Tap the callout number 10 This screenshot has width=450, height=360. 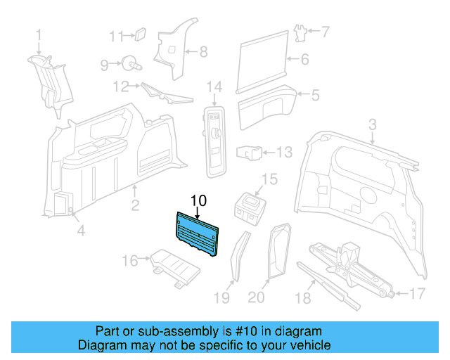click(198, 200)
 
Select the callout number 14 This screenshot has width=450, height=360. click(214, 86)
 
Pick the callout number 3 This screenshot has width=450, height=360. click(373, 124)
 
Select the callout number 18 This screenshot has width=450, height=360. click(302, 298)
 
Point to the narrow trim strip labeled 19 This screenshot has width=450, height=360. click(236, 256)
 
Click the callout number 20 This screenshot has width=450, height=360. click(256, 298)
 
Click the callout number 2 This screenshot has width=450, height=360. click(135, 206)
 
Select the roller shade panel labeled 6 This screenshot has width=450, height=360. click(264, 60)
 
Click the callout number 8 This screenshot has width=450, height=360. click(203, 51)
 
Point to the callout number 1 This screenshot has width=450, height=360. click(39, 34)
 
